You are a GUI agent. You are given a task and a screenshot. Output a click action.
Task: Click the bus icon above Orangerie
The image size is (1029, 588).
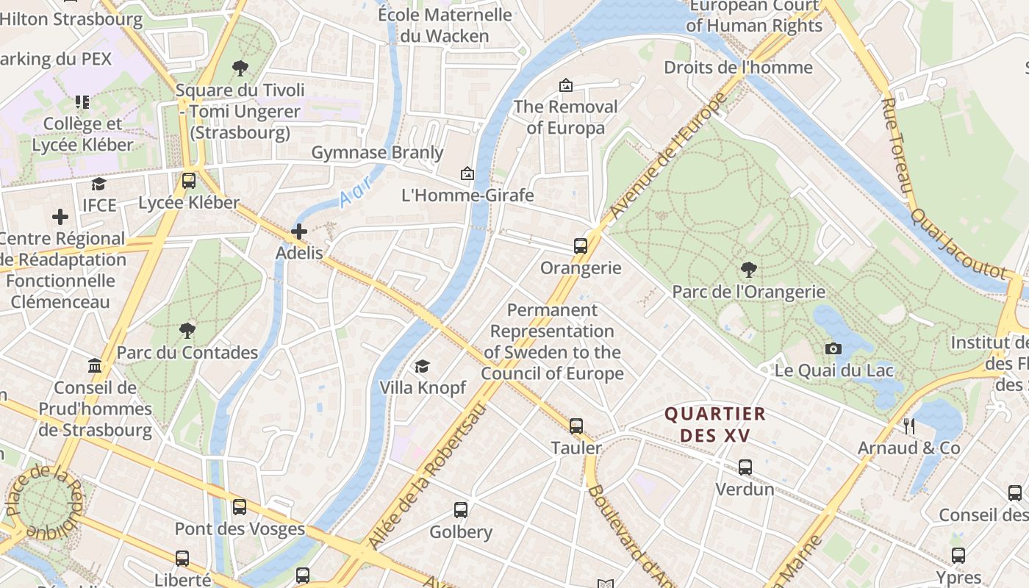(x=581, y=246)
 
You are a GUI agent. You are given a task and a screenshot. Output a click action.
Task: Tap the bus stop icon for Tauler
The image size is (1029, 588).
(x=576, y=426)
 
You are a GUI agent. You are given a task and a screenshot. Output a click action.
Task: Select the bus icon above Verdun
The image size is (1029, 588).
(x=745, y=467)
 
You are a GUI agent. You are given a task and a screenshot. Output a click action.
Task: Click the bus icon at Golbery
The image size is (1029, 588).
(x=461, y=510)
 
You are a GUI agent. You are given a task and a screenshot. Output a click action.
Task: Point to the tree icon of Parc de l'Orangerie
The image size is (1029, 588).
(x=749, y=270)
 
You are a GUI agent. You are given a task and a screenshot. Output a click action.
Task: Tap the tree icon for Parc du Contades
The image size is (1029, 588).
(x=187, y=330)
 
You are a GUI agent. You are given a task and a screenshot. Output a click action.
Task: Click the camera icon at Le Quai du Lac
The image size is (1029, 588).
(x=833, y=348)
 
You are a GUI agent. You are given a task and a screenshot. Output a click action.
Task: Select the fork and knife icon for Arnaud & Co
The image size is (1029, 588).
(x=909, y=426)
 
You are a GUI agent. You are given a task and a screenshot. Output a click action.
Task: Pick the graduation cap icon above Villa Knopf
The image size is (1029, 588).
(x=423, y=366)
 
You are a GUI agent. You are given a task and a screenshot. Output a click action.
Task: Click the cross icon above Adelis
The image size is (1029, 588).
(x=299, y=232)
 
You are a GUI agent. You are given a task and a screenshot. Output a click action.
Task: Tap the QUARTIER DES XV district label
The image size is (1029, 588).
(x=715, y=425)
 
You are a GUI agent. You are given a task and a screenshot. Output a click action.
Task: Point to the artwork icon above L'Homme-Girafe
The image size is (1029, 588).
(x=467, y=174)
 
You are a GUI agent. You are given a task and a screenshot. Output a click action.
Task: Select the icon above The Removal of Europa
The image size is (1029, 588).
(x=565, y=86)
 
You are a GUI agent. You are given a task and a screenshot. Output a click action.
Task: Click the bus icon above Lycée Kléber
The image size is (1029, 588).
(x=189, y=181)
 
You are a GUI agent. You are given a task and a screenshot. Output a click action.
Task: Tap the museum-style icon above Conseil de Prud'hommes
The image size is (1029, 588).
(x=95, y=365)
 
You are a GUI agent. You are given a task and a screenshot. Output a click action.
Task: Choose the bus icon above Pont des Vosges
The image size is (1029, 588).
(x=240, y=507)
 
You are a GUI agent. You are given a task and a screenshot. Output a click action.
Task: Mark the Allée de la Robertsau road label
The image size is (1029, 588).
(x=426, y=477)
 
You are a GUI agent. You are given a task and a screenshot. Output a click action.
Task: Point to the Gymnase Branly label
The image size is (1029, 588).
(x=378, y=153)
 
